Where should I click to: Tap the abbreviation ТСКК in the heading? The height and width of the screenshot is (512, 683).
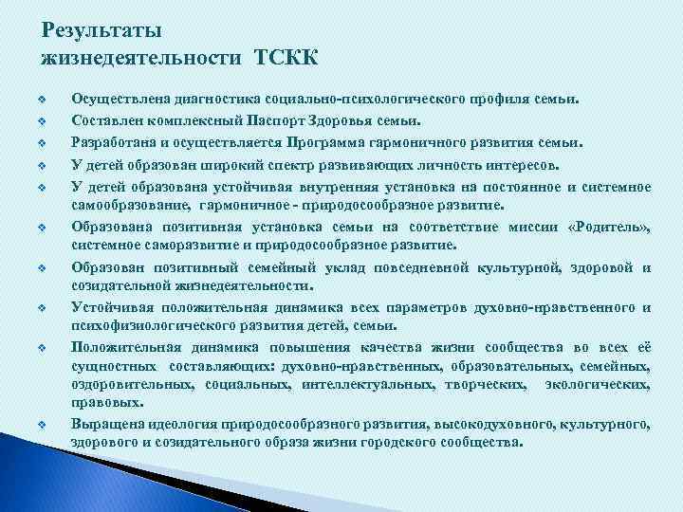point(286,59)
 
